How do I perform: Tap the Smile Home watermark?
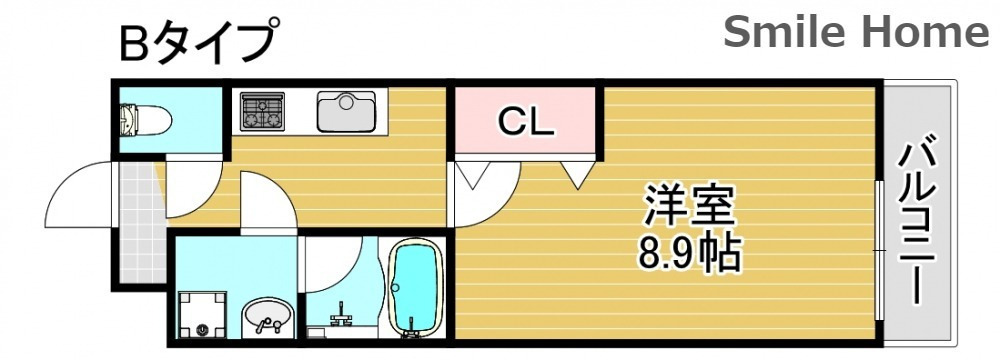coord(855,34)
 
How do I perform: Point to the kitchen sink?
coord(346,110)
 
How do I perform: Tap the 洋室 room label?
coord(689,208)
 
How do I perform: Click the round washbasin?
coord(268,318)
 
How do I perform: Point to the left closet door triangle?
coord(472,177)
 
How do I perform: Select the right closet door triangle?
coord(578,175)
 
